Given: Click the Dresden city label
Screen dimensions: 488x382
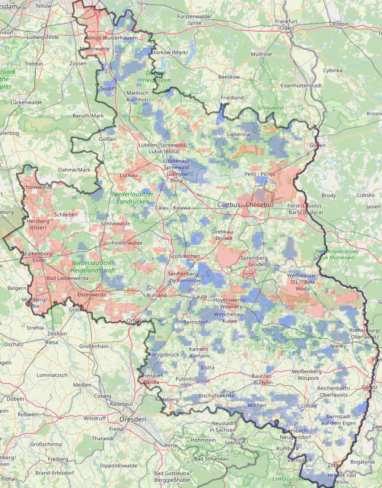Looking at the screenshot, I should point(133,420).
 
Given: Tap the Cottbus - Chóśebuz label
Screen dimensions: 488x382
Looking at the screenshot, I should point(245,204).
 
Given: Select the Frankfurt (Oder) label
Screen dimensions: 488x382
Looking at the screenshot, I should point(286,25).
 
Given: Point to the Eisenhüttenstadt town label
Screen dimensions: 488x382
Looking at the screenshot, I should point(301,85).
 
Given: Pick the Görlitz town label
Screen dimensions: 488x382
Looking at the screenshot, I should point(370,387).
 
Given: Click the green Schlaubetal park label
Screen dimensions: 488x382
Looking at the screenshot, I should point(270,108).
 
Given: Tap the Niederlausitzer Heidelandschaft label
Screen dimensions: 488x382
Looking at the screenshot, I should point(94,267).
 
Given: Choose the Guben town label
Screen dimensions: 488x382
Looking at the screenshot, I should point(317,145).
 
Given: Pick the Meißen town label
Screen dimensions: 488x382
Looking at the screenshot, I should point(82,385).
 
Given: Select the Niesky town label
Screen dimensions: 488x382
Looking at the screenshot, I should point(338,346).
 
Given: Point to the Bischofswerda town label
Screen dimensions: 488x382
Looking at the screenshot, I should point(216,395).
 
